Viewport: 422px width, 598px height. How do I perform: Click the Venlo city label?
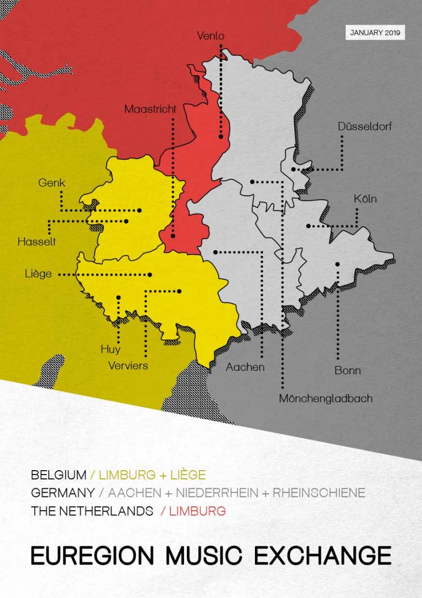tap(210, 36)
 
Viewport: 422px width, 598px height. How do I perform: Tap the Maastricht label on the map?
tap(150, 109)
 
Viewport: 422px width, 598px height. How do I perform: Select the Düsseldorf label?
tap(365, 126)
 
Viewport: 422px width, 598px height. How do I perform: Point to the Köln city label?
tap(365, 199)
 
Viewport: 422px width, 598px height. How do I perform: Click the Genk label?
tap(52, 183)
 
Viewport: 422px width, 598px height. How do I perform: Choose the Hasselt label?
tap(36, 241)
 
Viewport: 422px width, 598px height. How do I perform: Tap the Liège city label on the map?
tap(38, 274)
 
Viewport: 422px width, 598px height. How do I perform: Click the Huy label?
tap(110, 349)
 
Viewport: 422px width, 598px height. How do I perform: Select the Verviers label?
tap(128, 365)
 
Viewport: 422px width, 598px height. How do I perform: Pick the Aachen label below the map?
tap(245, 367)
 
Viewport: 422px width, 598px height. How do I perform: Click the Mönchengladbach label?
tap(325, 398)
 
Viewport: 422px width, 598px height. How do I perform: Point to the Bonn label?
tap(347, 370)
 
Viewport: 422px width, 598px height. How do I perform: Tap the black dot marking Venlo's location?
tap(220, 137)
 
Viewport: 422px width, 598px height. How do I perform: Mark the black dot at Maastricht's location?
tap(173, 236)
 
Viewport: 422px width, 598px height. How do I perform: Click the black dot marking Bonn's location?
tap(337, 264)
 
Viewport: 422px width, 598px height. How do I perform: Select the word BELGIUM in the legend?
tap(59, 475)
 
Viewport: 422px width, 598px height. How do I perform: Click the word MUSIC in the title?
tap(203, 555)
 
